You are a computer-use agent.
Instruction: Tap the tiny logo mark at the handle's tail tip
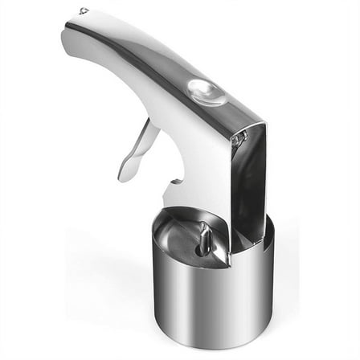pos(84,11)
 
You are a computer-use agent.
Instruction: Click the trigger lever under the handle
pos(138,149)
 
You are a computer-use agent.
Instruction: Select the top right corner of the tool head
pos(264,122)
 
